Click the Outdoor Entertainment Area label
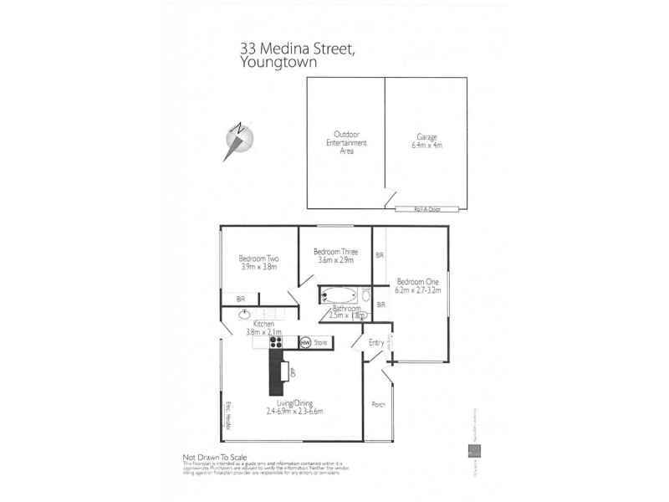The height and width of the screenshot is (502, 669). coord(346,142)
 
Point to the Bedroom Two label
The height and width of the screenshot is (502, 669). coord(258,259)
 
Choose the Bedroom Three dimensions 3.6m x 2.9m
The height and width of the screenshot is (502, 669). coord(335,261)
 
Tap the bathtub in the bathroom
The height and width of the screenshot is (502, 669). coord(339,295)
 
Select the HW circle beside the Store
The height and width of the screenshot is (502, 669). coord(305,342)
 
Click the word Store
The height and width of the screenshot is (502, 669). coord(320,342)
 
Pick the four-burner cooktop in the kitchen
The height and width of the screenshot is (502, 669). coord(275,341)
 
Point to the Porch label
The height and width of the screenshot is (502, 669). coord(379,405)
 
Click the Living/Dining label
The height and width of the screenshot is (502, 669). coord(294,403)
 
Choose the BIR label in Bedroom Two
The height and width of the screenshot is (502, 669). coord(240,298)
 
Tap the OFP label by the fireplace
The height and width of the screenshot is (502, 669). coord(294,371)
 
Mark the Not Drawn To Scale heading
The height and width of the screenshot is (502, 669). coord(217,457)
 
